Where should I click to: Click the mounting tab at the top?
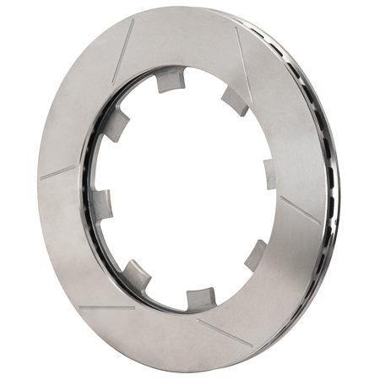point(171,80)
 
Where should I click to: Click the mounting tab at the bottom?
point(200,296)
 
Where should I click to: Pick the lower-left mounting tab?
point(136,272)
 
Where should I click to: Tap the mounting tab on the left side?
point(102,204)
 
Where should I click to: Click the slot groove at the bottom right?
point(223,334)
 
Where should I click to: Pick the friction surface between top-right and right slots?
point(287,127)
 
